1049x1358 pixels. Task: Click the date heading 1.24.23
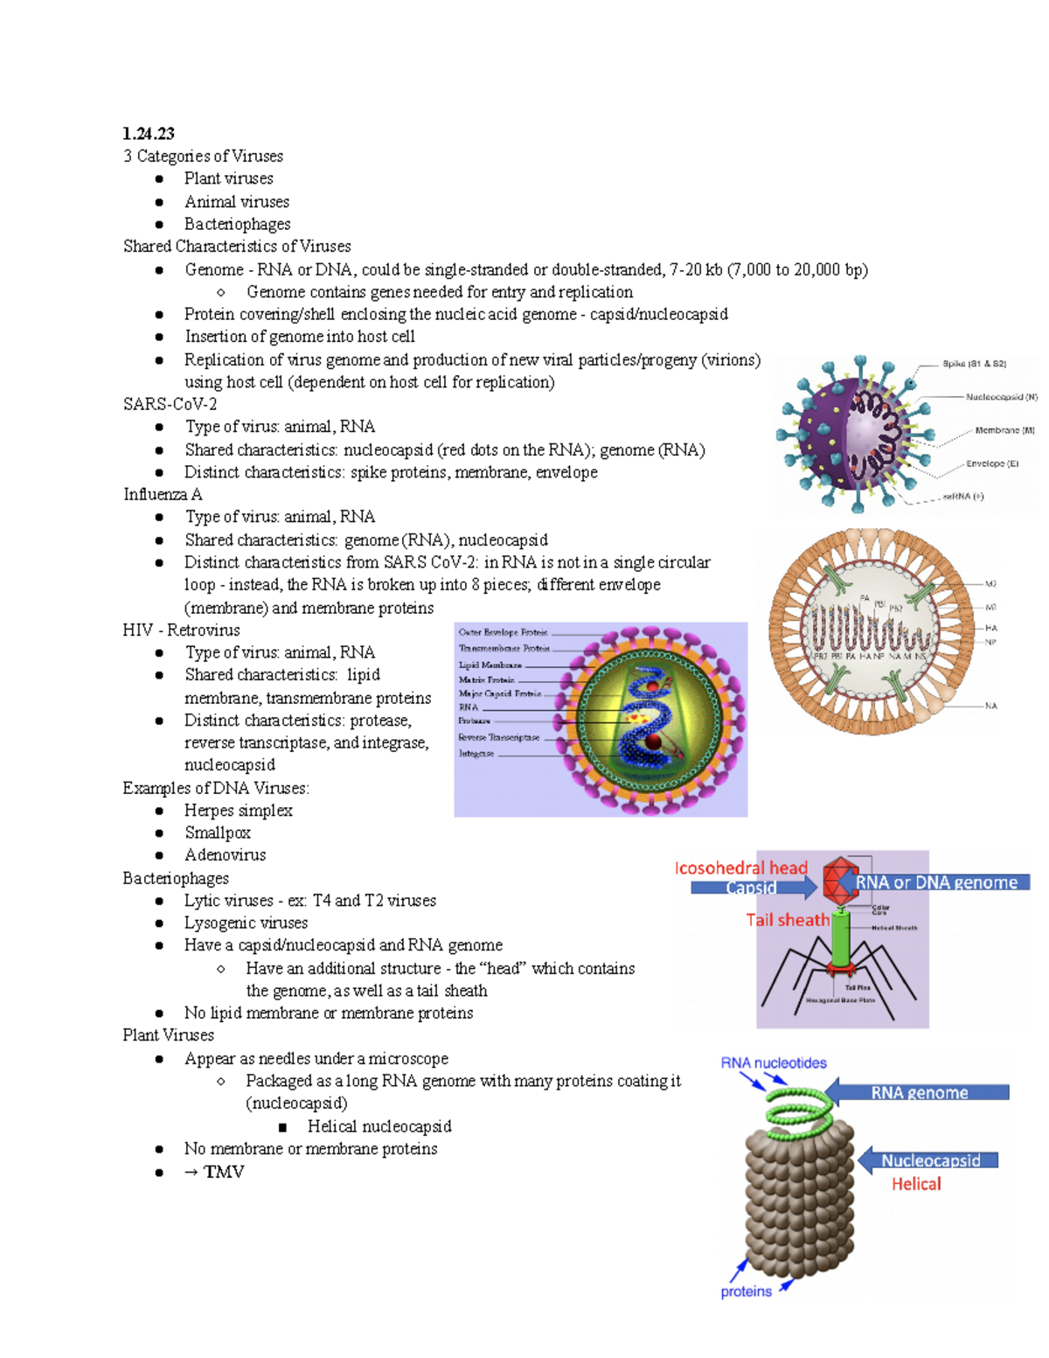149,134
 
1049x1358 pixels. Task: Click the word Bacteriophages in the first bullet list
237,225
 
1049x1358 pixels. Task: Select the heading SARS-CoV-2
170,404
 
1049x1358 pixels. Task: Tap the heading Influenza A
163,495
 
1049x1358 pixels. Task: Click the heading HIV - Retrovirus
181,630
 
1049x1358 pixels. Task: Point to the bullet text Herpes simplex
238,811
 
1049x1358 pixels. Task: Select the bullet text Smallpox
218,833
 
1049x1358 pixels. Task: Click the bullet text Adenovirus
225,855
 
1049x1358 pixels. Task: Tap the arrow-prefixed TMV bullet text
214,1172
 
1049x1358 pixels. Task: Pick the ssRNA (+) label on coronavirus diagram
962,497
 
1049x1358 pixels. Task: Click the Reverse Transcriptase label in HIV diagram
498,737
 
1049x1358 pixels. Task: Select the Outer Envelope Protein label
503,632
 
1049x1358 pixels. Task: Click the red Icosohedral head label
740,868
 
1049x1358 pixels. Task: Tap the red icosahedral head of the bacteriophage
840,881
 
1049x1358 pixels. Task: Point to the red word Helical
916,1184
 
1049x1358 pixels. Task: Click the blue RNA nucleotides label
774,1063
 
